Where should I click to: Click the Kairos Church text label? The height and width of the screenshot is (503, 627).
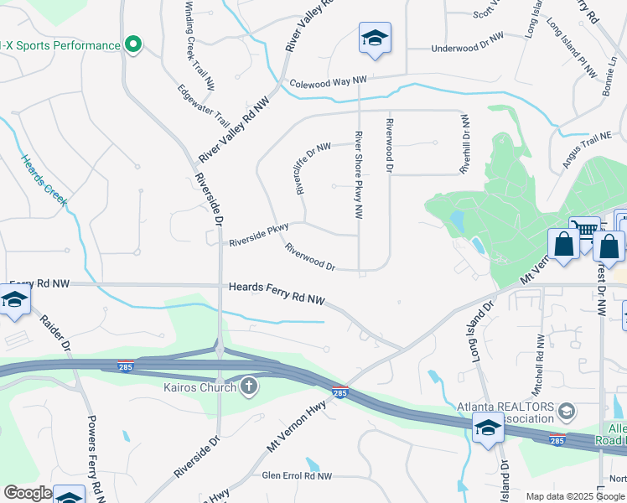[199, 388]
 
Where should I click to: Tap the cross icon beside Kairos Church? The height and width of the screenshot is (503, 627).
[248, 386]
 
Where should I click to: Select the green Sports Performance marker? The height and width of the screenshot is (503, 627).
[132, 44]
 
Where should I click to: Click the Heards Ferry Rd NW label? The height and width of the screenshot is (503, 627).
[277, 298]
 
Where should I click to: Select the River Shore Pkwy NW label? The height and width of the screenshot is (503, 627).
[359, 174]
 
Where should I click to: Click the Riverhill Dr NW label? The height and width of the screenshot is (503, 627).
[464, 145]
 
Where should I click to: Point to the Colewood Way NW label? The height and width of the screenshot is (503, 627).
[329, 82]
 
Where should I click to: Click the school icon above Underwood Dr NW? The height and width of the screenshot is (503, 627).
[375, 38]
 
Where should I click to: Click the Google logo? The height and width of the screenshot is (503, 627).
[28, 493]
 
